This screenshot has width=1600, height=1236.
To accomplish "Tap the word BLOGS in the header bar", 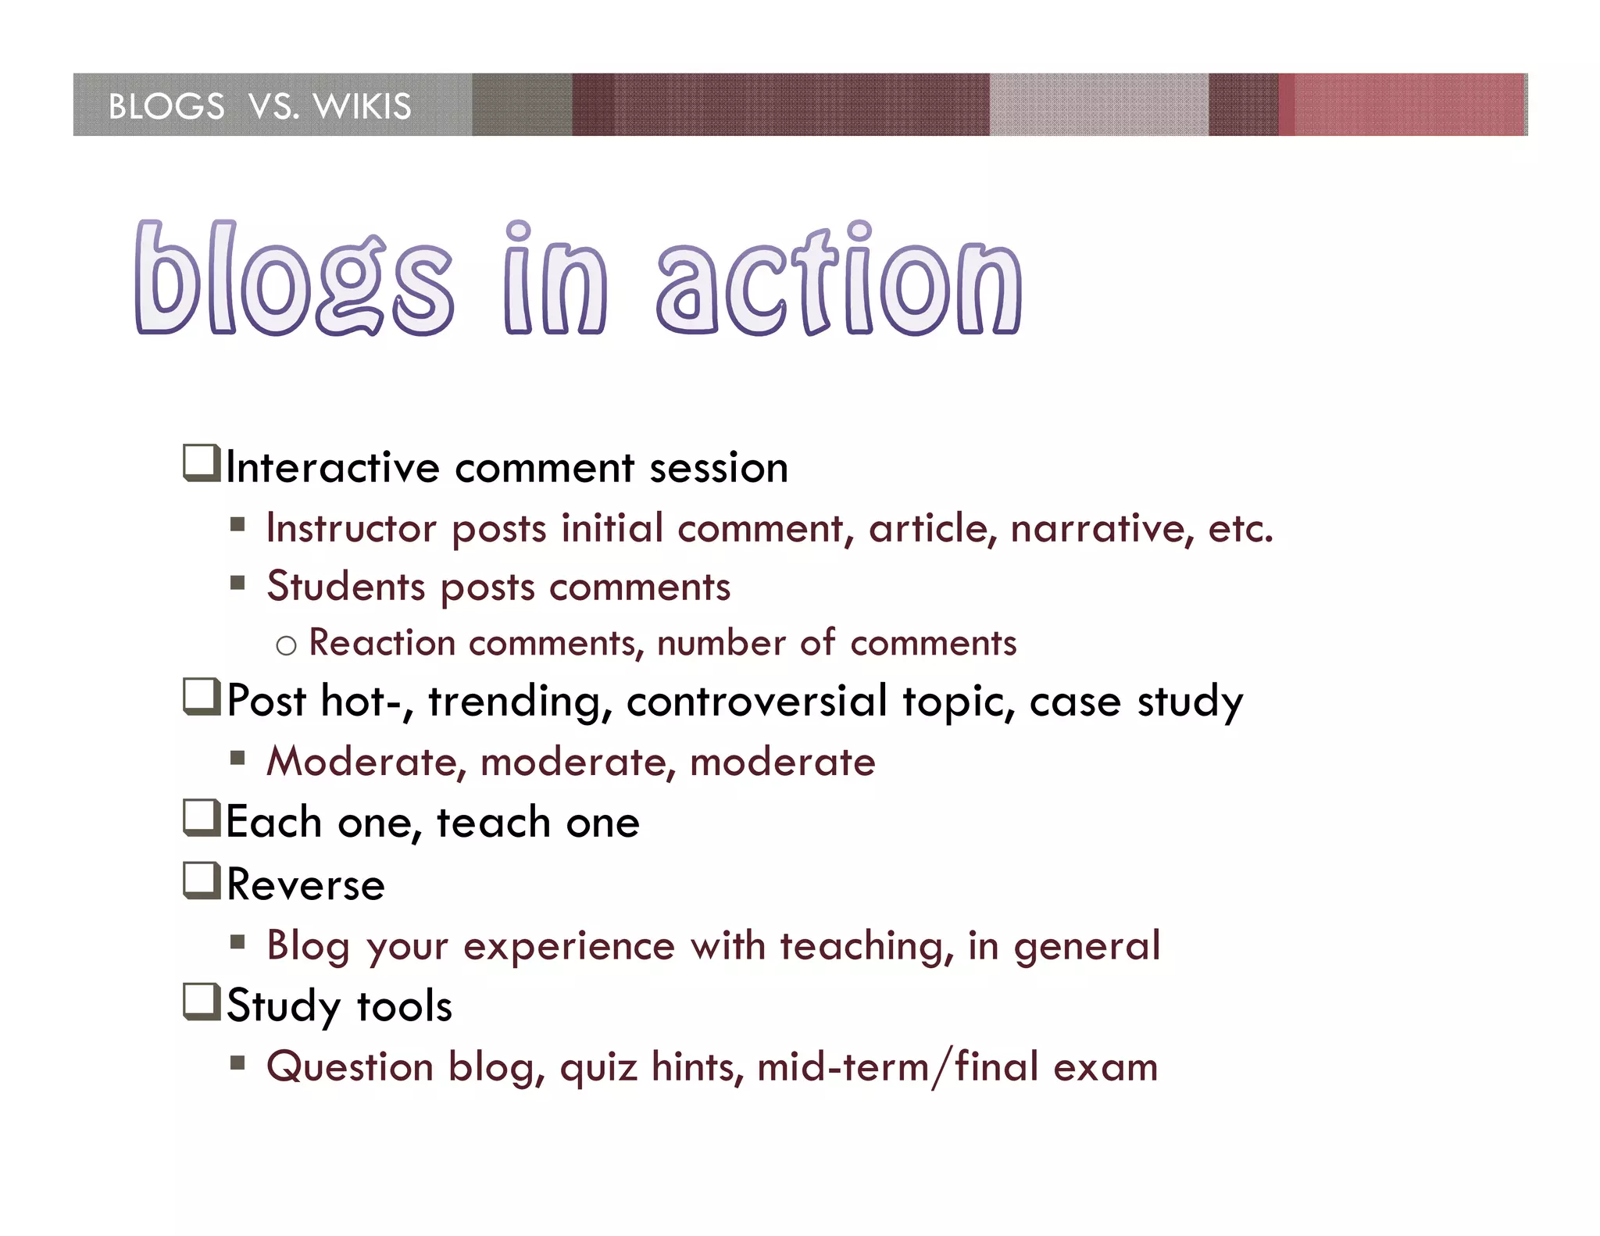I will coord(166,106).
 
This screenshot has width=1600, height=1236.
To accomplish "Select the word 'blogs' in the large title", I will coord(293,280).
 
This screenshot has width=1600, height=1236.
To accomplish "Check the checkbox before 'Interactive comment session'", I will coord(202,463).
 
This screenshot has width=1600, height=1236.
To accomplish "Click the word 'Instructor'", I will coord(351,529).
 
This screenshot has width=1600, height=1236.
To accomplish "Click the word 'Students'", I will coord(346,588).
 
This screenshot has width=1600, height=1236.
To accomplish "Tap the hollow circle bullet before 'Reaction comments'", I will coord(287,645).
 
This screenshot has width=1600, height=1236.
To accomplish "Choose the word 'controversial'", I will coord(756,701).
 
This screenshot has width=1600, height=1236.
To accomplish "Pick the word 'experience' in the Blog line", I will coord(569,946).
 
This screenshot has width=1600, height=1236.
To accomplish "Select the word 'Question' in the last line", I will coord(350,1067).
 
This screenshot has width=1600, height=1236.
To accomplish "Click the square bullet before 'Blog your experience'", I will coord(237,941).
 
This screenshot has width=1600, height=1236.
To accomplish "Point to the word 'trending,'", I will coord(520,701).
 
